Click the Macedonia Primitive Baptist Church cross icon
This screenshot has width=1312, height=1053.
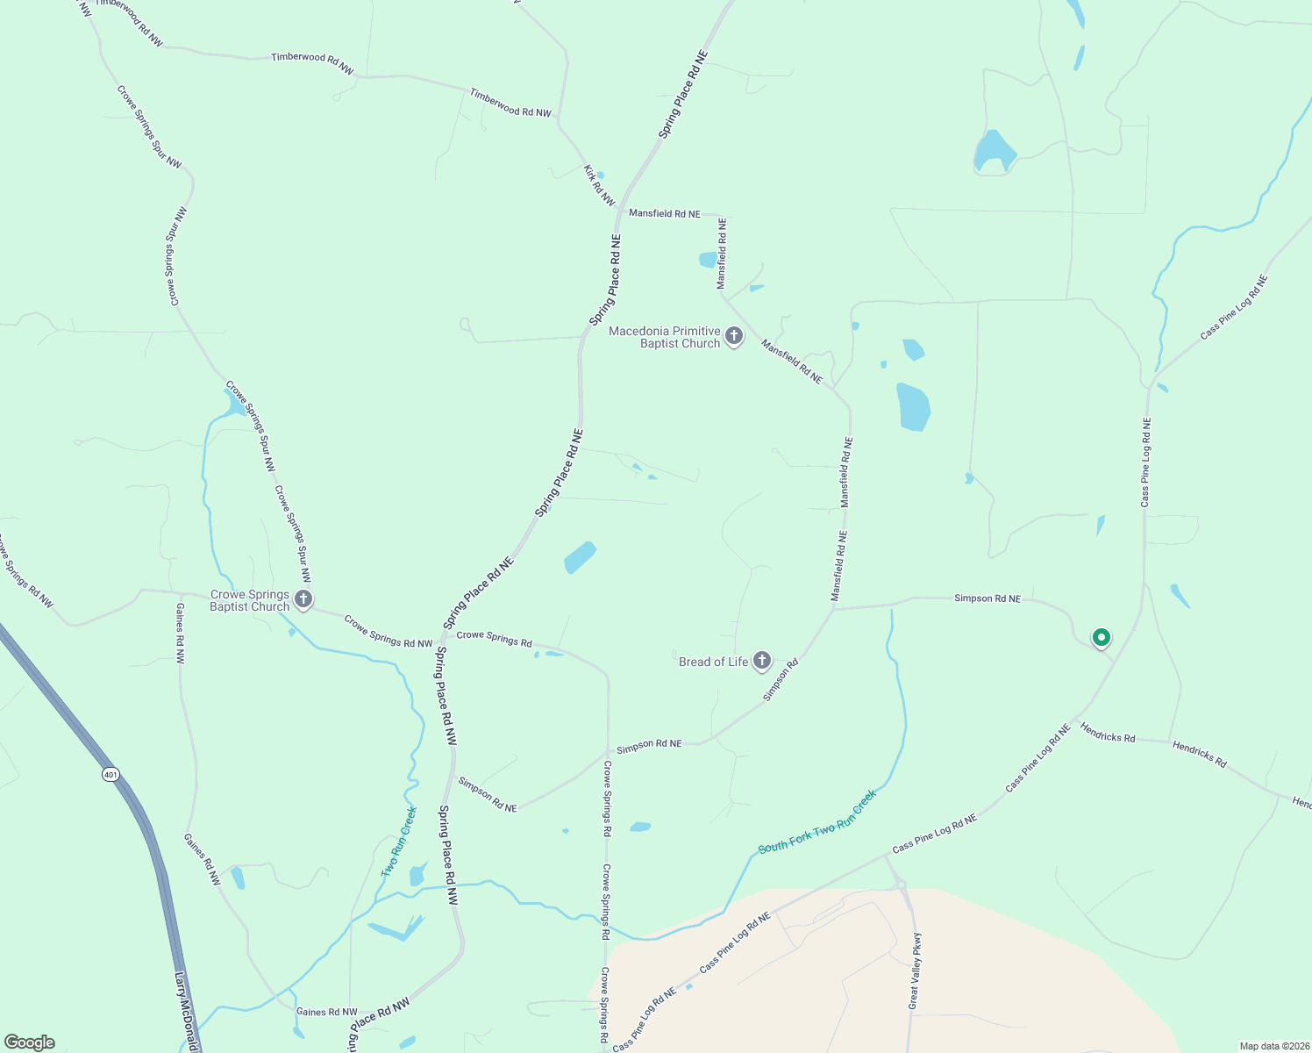pyautogui.click(x=734, y=336)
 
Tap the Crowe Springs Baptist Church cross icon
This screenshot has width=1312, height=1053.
pyautogui.click(x=303, y=600)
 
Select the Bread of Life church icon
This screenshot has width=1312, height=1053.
pyautogui.click(x=762, y=661)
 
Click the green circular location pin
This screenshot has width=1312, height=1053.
pyautogui.click(x=1101, y=638)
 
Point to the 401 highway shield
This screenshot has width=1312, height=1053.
pyautogui.click(x=111, y=774)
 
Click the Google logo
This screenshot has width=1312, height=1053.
pyautogui.click(x=29, y=1042)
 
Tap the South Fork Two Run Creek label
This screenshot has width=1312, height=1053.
pyautogui.click(x=816, y=822)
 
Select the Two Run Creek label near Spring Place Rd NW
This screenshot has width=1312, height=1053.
pyautogui.click(x=399, y=842)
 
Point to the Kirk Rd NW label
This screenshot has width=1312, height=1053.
pyautogui.click(x=600, y=185)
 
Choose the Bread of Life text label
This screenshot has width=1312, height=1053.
pyautogui.click(x=713, y=662)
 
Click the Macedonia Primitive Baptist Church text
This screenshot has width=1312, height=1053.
pyautogui.click(x=665, y=337)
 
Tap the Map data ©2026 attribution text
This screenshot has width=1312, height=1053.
pyautogui.click(x=1273, y=1046)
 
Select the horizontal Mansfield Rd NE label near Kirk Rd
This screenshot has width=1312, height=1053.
pyautogui.click(x=665, y=213)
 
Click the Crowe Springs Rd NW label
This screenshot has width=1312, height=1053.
pyautogui.click(x=389, y=632)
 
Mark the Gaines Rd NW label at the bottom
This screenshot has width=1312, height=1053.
pyautogui.click(x=327, y=1012)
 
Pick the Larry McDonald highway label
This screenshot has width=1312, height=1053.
pyautogui.click(x=187, y=1009)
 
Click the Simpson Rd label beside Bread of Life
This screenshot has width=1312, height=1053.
pyautogui.click(x=781, y=680)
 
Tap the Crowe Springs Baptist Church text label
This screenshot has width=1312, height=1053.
pyautogui.click(x=250, y=600)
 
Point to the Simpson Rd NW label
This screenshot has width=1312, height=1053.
pyautogui.click(x=488, y=794)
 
